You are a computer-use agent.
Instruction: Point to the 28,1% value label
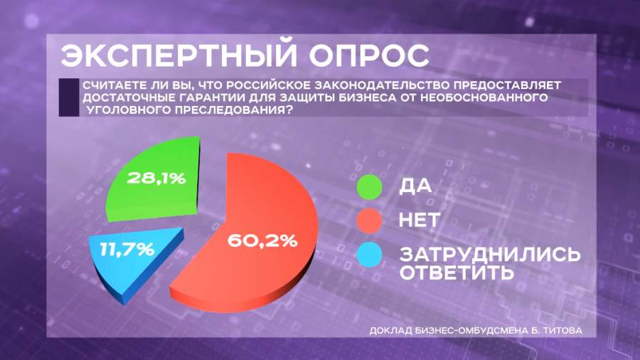coord(156,179)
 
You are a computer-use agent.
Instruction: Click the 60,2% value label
coord(262,240)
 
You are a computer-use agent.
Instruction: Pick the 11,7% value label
coord(127,250)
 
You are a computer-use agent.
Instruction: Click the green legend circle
coord(369,187)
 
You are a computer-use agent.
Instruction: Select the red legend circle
coord(369,221)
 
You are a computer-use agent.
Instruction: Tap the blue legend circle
coord(369,255)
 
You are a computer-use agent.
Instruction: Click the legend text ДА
coord(415,186)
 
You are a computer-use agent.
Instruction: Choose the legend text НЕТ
coord(419,220)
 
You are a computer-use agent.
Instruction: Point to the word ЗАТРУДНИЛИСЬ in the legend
coord(490,254)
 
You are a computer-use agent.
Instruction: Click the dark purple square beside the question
coord(69,97)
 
